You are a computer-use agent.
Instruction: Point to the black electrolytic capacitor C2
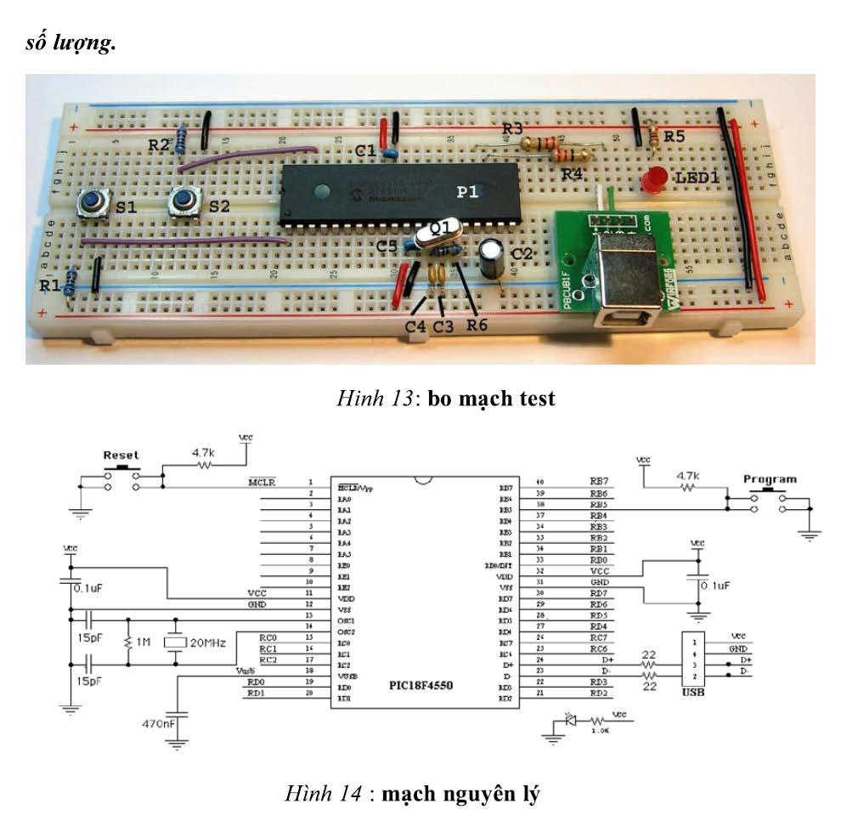click(492, 260)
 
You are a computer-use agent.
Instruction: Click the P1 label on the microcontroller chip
click(468, 193)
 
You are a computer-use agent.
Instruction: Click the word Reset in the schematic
click(121, 456)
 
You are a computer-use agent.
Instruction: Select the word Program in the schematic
click(770, 478)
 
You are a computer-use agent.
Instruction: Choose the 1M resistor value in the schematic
click(140, 643)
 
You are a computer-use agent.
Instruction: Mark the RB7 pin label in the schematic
click(600, 482)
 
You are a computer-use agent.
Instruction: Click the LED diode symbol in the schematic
click(571, 721)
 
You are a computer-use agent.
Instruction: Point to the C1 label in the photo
click(366, 150)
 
